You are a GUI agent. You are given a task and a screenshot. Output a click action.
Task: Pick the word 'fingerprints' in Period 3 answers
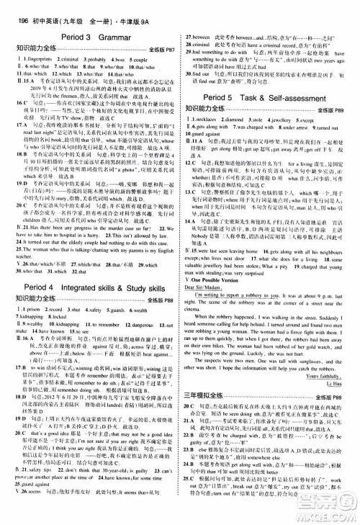(35, 55)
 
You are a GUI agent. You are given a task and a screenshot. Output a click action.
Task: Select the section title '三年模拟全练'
(210, 414)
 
